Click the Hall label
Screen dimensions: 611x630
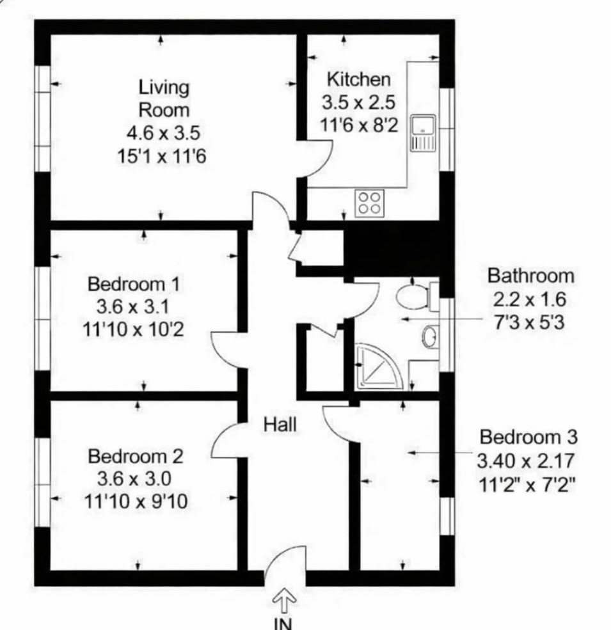tap(280, 425)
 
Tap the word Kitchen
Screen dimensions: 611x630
tap(358, 79)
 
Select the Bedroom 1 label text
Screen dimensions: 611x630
tap(134, 284)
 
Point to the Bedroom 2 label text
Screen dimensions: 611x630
tap(136, 457)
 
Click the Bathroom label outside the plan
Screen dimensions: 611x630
tap(530, 276)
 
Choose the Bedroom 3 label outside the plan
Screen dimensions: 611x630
tap(528, 437)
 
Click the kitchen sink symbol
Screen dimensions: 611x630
tap(423, 133)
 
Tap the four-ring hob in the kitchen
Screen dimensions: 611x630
tap(369, 203)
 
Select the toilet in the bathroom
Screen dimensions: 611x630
tap(417, 297)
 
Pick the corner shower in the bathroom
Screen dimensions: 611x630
tap(378, 366)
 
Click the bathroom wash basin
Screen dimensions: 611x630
tap(430, 336)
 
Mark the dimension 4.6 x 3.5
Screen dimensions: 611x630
tap(163, 133)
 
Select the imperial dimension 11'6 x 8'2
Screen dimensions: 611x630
tap(359, 125)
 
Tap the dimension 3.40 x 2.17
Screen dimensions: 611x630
tap(525, 461)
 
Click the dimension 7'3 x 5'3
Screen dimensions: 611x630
tap(529, 322)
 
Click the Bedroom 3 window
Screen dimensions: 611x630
tap(447, 516)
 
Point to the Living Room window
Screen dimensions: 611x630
tap(42, 119)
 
